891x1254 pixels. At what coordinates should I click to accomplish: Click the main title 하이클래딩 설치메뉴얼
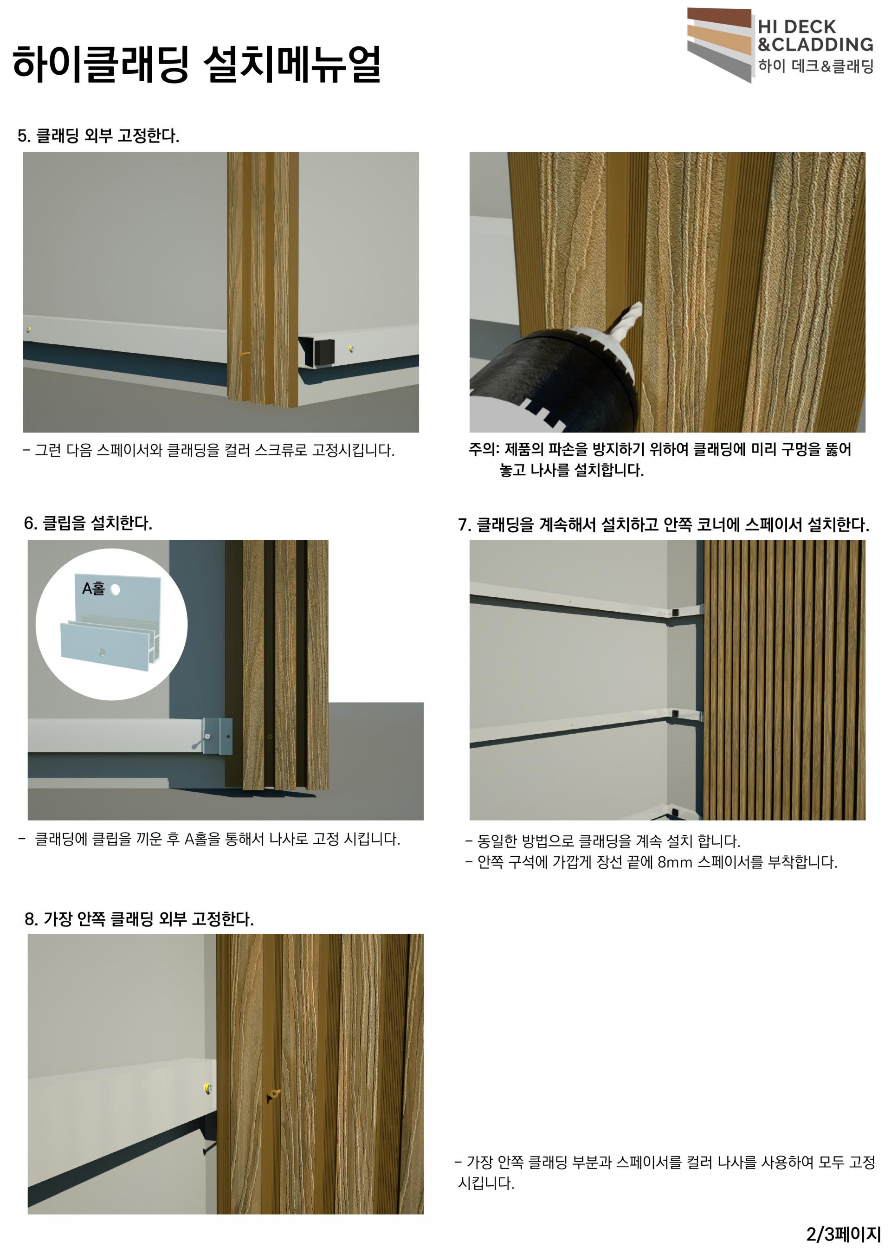click(196, 64)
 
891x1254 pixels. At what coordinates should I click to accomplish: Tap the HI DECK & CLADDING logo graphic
click(719, 45)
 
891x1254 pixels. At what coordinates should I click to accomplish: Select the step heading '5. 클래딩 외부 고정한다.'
click(99, 136)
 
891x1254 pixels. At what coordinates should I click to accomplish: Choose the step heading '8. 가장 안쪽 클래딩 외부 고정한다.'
click(139, 919)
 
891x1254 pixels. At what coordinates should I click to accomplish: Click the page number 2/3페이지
click(843, 1234)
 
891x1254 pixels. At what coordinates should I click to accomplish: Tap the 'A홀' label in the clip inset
click(93, 588)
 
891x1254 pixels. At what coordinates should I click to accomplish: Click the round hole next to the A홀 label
click(115, 590)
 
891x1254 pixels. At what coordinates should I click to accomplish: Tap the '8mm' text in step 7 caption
click(675, 862)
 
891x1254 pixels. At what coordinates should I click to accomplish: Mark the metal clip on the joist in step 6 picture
click(217, 736)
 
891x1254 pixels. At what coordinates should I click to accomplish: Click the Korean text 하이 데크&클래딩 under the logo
click(816, 66)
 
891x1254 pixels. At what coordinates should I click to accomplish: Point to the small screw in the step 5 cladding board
click(244, 355)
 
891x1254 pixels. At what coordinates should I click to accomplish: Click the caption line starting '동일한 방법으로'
click(603, 841)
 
